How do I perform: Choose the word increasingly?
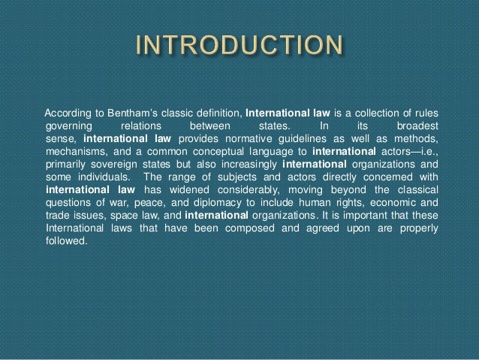click(x=246, y=165)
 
